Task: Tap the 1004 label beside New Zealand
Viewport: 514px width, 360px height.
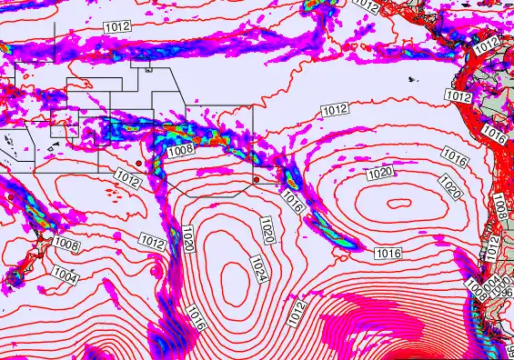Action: (x=64, y=273)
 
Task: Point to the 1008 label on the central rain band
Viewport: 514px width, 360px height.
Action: (x=179, y=151)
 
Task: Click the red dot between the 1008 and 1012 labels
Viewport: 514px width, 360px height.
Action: (x=138, y=163)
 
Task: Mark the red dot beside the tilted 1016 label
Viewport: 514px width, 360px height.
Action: (x=257, y=179)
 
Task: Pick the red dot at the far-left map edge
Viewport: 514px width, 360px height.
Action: (x=10, y=196)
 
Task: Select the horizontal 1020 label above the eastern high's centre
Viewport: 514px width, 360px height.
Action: (x=380, y=173)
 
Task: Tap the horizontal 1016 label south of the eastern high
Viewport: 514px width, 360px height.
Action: (x=388, y=253)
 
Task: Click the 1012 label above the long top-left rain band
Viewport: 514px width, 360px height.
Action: (x=116, y=27)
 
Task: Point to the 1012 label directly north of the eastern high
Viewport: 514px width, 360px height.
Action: (x=334, y=110)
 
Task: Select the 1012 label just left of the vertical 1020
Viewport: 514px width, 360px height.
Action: (x=151, y=239)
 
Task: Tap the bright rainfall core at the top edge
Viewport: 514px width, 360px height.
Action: (x=319, y=5)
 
